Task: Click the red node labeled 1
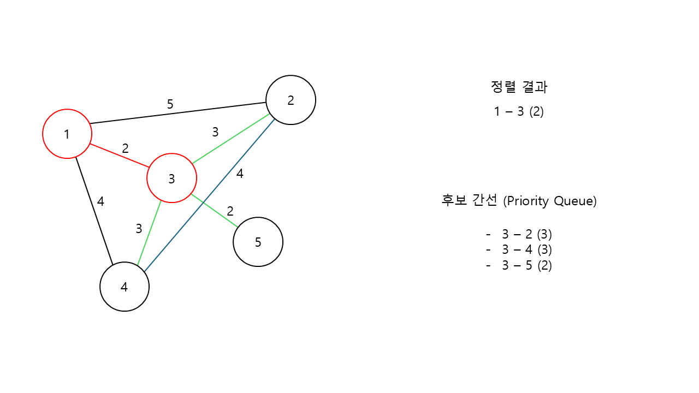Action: [x=67, y=134]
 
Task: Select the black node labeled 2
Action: [x=291, y=100]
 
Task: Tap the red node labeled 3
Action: [x=171, y=178]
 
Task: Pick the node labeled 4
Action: [x=125, y=287]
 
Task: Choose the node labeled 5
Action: [x=258, y=242]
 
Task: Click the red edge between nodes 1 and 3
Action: [x=119, y=156]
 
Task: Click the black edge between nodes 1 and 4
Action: [x=94, y=211]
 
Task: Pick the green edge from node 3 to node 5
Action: [x=214, y=210]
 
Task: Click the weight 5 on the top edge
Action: [x=170, y=104]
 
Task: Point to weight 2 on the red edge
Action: [x=125, y=148]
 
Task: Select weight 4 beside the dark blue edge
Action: [x=240, y=174]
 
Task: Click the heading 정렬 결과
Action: [x=519, y=87]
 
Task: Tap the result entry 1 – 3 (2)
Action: [x=519, y=112]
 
